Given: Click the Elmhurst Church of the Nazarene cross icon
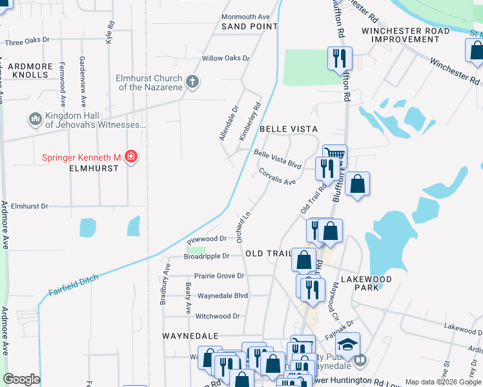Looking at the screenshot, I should point(192,82).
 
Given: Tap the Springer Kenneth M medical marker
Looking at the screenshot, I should point(131,157).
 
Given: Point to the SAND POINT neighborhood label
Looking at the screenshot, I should point(249,26).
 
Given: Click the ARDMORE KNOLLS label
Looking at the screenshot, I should point(29,70).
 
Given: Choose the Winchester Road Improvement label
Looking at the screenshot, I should point(406,35).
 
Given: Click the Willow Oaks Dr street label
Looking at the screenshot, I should point(225,58).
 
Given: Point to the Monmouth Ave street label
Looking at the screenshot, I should point(245,16).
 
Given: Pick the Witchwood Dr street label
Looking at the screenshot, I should point(218,316).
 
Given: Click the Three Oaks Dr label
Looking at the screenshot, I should point(27,42).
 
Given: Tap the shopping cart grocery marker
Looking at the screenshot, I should point(334,155).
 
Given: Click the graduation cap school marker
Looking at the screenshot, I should point(347,344).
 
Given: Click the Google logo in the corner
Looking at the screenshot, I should point(21,379).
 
